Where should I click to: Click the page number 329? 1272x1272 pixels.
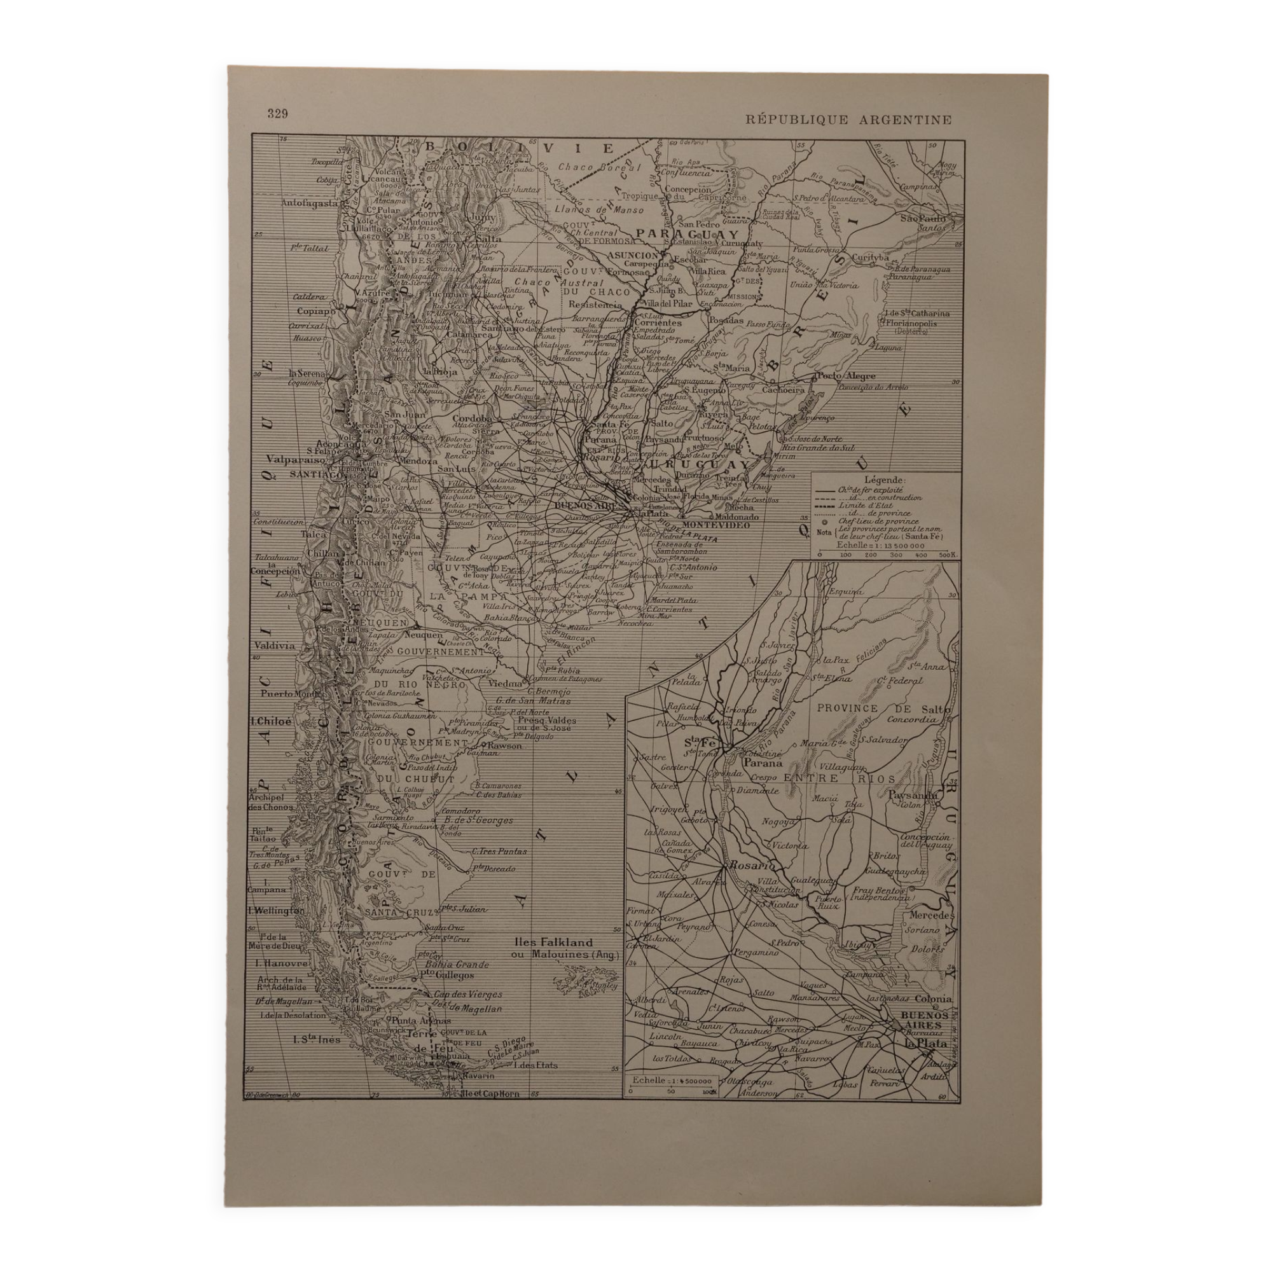277,114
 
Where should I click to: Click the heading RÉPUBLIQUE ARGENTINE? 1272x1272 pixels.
848,120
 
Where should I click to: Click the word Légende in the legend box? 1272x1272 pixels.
885,480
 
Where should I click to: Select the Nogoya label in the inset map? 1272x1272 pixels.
780,822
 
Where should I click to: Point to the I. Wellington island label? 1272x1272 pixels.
276,911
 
